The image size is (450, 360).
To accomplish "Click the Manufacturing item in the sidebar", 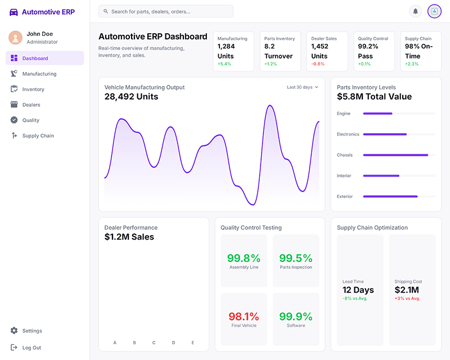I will [x=39, y=74].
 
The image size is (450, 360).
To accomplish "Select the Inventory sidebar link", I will [x=33, y=89].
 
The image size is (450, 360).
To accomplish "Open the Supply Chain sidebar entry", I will [x=38, y=136].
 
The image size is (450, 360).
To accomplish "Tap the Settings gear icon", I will [x=14, y=331].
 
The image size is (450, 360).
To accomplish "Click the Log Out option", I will [x=31, y=348].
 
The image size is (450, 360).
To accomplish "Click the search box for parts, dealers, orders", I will [x=166, y=11].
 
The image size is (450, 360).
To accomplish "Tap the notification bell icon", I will [x=416, y=11].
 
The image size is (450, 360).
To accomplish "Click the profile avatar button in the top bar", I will [x=434, y=11].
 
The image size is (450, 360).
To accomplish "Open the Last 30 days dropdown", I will [x=303, y=87].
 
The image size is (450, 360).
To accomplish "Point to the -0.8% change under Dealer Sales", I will [x=318, y=64].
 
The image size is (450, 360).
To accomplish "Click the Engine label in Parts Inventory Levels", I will [x=344, y=114].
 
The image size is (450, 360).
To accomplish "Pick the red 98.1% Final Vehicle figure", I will [x=244, y=317].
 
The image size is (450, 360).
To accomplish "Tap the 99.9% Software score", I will [x=296, y=317].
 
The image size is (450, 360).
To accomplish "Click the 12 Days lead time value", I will [x=358, y=290].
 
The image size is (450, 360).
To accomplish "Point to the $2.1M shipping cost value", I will [x=407, y=290].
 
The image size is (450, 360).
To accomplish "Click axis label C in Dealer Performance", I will [x=154, y=343].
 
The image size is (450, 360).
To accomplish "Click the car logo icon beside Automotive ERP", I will [x=13, y=12].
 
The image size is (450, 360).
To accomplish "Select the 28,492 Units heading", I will [x=131, y=97].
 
